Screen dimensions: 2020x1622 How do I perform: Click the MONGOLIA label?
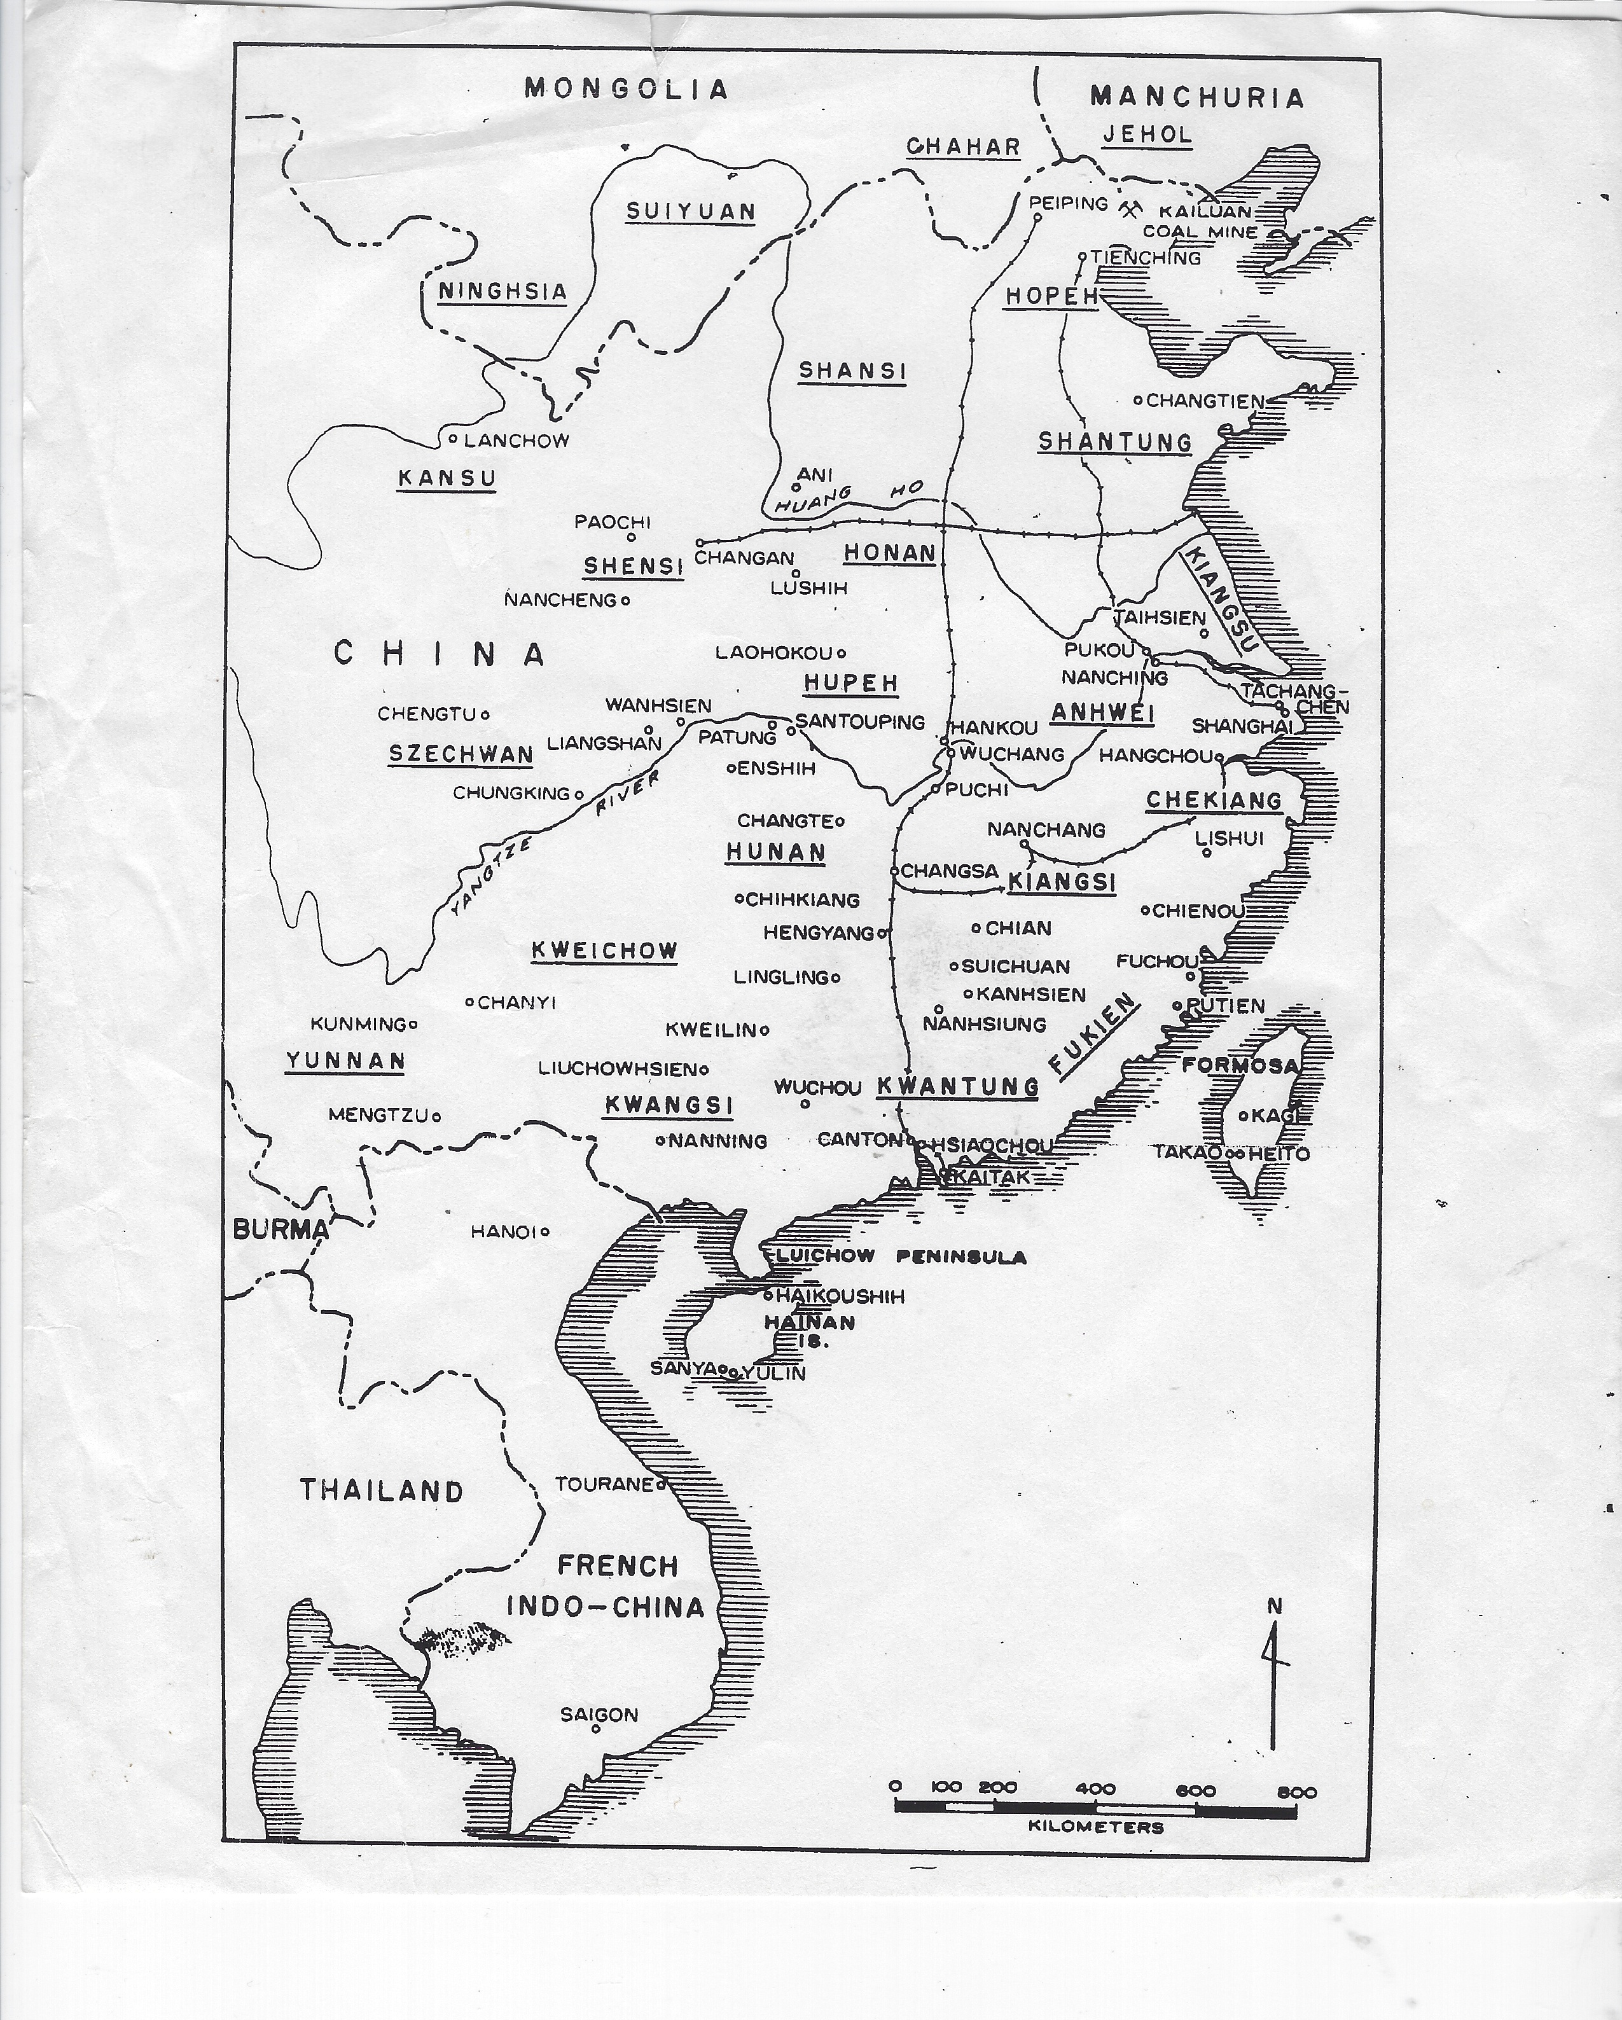626,89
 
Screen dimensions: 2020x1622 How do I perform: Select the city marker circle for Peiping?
1037,218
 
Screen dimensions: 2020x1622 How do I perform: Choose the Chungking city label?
511,792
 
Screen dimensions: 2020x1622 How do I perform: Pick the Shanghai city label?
1242,726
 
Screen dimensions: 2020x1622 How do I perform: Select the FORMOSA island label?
1240,1065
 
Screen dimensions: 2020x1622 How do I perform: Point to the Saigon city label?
599,1715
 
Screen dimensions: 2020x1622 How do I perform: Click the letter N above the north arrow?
1273,1606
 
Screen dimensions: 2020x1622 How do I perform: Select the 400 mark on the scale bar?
1095,1788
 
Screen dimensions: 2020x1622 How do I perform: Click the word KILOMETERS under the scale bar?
1095,1826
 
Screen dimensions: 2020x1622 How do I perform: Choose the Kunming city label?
358,1024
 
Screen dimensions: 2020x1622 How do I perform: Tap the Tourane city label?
604,1484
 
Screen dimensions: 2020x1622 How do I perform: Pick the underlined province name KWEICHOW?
604,951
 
